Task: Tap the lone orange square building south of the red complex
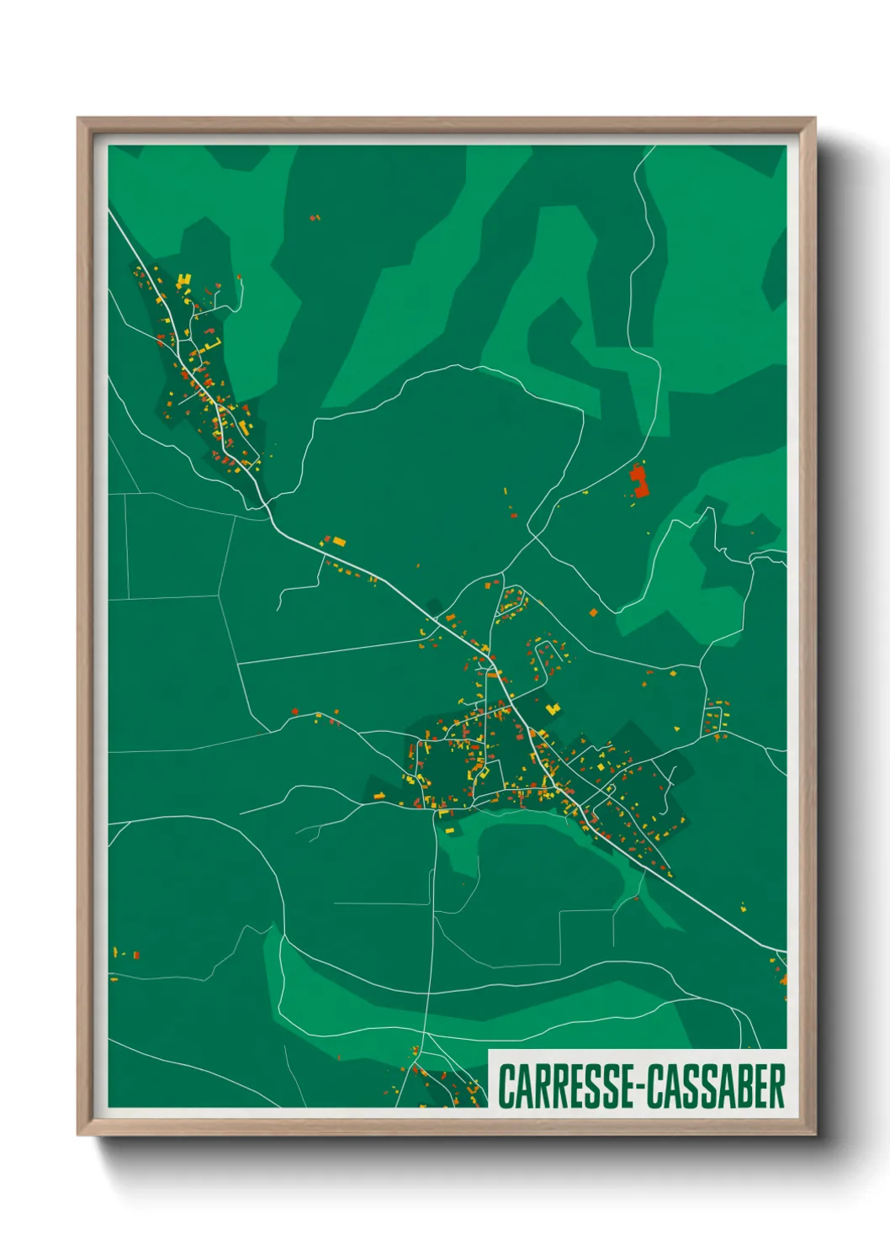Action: click(593, 612)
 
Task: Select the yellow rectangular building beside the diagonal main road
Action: click(338, 541)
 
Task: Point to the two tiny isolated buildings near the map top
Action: click(315, 218)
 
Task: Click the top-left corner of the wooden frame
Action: click(78, 119)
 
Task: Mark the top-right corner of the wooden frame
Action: click(814, 119)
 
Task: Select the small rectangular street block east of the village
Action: click(716, 718)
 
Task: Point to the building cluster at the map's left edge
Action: click(126, 954)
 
